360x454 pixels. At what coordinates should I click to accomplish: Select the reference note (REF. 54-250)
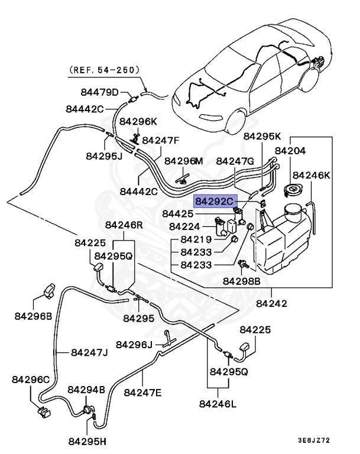(x=105, y=69)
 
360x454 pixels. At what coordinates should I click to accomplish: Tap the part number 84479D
(x=99, y=92)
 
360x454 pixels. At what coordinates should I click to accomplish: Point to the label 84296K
(x=138, y=121)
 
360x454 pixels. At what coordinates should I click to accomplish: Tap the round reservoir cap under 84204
(x=291, y=190)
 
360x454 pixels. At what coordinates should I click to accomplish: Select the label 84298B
(x=241, y=282)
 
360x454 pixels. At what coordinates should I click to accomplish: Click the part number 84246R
(x=124, y=225)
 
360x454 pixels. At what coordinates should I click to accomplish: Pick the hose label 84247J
(x=89, y=353)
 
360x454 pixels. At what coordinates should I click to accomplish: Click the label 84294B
(x=86, y=390)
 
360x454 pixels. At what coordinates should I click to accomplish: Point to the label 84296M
(x=183, y=161)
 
